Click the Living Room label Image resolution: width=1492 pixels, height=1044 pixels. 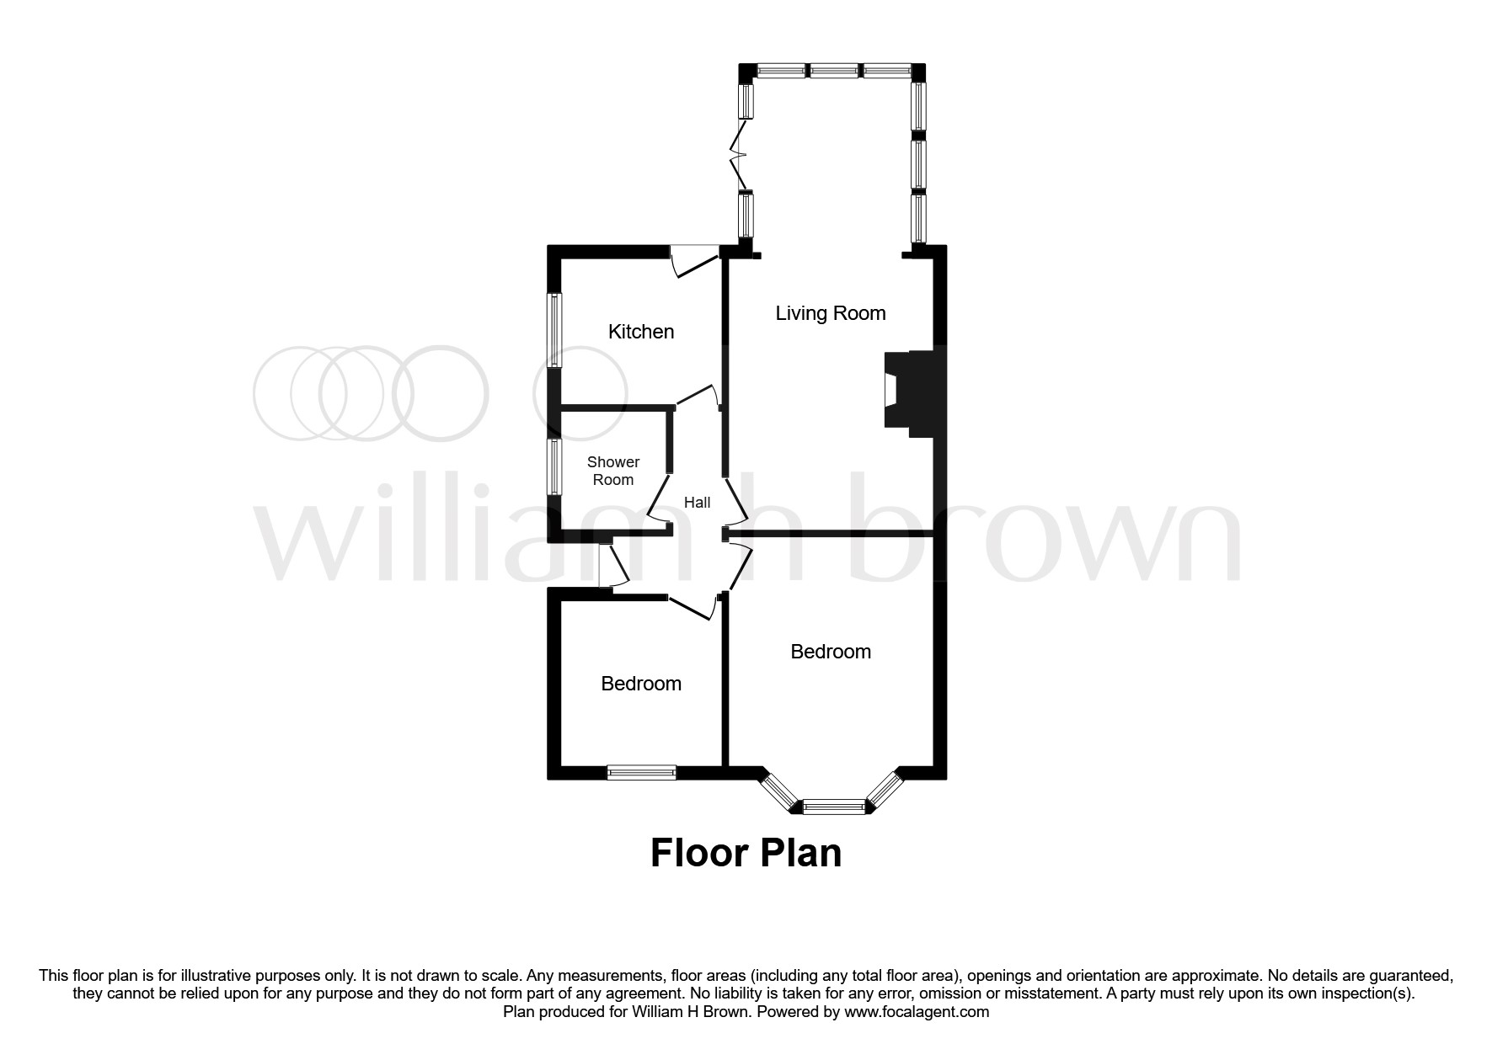pyautogui.click(x=830, y=313)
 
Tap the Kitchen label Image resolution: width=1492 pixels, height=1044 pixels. pyautogui.click(x=641, y=332)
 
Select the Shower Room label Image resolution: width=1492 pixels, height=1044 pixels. pyautogui.click(x=613, y=471)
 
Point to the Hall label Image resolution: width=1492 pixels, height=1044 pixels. pyautogui.click(x=697, y=503)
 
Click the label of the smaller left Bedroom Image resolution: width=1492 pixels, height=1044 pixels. pyautogui.click(x=641, y=684)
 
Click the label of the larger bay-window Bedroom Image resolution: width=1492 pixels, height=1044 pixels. pyautogui.click(x=830, y=652)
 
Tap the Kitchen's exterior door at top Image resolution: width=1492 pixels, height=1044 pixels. pyautogui.click(x=694, y=258)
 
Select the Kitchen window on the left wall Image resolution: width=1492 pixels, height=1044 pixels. pyautogui.click(x=554, y=330)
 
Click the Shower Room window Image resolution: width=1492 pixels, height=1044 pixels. pyautogui.click(x=554, y=466)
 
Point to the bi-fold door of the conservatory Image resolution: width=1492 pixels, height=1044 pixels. pyautogui.click(x=741, y=155)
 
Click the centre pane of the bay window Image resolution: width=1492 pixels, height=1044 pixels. pyautogui.click(x=834, y=807)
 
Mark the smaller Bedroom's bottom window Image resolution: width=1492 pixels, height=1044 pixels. pyautogui.click(x=641, y=772)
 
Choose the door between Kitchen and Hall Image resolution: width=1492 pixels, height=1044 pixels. pyautogui.click(x=698, y=396)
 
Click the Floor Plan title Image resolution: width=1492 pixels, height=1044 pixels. pyautogui.click(x=746, y=853)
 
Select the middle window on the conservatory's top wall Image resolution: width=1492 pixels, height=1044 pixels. pyautogui.click(x=834, y=72)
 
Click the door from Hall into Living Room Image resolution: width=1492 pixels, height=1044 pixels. pyautogui.click(x=736, y=500)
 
